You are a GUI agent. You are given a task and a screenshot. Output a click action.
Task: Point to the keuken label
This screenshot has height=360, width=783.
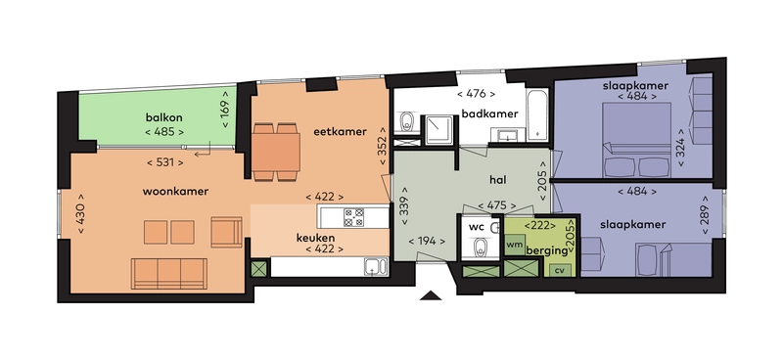click(316, 238)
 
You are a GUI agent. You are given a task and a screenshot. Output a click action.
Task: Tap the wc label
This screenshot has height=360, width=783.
click(477, 226)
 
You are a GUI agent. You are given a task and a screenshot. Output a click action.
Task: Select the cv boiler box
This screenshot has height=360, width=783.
click(559, 270)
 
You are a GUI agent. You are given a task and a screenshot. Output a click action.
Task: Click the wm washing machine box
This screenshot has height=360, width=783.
click(515, 245)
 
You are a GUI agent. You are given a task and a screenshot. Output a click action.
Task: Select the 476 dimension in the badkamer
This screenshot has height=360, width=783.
click(476, 95)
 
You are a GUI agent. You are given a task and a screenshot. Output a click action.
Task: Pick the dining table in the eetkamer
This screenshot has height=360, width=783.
click(277, 152)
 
